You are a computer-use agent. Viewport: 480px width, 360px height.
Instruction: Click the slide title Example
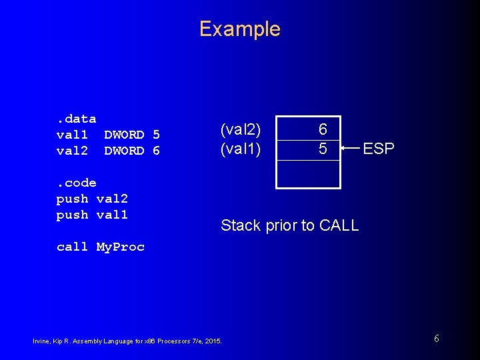coord(239,29)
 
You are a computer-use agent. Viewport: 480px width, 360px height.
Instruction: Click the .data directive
coord(76,119)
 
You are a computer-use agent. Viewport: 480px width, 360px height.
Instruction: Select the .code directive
coord(76,183)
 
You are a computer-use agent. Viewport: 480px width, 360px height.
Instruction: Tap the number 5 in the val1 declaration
coord(156,135)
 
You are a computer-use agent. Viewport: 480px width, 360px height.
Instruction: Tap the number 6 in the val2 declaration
coord(156,151)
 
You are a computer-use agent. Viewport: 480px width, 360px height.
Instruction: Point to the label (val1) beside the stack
coord(241,149)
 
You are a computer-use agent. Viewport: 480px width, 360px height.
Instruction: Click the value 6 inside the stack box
coord(322,130)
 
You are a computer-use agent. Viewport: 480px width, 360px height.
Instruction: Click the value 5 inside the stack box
coord(322,149)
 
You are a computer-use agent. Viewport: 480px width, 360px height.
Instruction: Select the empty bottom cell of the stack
coord(309,174)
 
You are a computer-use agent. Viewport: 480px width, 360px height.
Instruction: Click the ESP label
coord(378,149)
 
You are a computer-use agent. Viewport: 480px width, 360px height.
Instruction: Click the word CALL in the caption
coord(339,225)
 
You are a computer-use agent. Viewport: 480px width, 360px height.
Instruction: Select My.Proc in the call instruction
coord(120,247)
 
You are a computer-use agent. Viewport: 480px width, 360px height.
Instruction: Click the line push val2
coord(92,199)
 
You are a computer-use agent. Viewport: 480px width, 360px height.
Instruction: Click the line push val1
coord(92,215)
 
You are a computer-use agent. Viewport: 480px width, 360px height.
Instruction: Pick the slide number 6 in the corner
coord(436,339)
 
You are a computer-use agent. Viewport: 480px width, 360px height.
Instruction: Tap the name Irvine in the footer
coord(41,341)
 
